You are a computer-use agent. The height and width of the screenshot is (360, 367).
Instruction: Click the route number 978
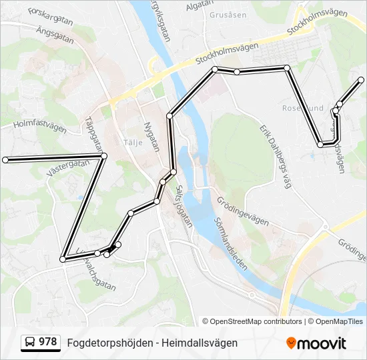47,342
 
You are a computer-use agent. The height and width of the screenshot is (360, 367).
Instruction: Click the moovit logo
316,343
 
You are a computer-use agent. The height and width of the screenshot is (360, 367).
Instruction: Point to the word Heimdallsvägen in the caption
200,343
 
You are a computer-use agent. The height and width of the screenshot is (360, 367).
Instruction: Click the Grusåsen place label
224,14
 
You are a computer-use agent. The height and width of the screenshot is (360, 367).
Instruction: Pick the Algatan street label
199,5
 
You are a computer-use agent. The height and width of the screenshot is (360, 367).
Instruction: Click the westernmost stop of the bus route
5,160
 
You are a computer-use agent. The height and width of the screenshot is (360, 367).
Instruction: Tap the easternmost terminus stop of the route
361,80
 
